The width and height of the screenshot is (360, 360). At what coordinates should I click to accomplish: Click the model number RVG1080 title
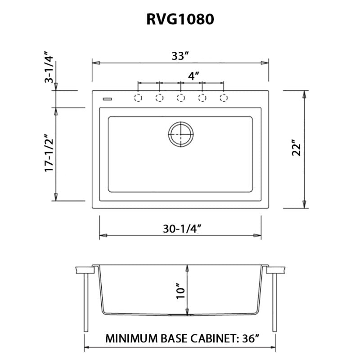point(180,19)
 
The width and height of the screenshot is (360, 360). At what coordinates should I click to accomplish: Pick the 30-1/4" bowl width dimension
point(181,228)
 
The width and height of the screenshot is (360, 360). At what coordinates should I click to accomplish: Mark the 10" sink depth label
point(180,292)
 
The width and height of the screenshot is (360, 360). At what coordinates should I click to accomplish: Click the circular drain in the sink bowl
point(181,134)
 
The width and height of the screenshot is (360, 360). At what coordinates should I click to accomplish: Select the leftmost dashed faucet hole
point(138,98)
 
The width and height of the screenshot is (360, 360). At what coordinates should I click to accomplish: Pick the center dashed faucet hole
point(180,98)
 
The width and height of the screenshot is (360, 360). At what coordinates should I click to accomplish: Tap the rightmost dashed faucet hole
point(223,98)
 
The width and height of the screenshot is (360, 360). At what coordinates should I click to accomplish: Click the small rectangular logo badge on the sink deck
point(107,98)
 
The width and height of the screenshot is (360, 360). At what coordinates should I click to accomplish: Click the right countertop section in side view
point(276,270)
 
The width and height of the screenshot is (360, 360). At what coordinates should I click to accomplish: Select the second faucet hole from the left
point(159,98)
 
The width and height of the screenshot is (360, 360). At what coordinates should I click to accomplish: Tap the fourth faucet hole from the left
point(202,98)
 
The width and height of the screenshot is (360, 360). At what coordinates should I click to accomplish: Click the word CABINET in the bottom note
point(216,338)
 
